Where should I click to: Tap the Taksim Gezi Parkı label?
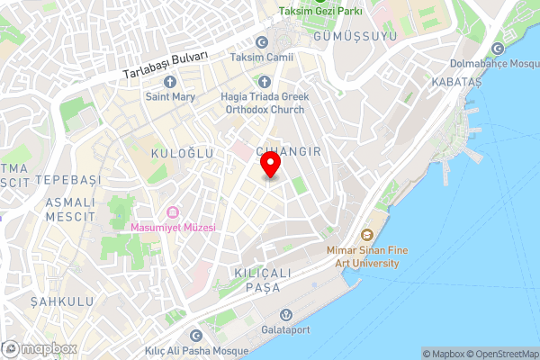pos(319,11)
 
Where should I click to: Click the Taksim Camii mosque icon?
pos(262,42)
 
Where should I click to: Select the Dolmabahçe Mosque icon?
pos(498,49)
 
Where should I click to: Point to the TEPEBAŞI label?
pos(66,180)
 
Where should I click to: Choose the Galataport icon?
pos(285,314)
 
